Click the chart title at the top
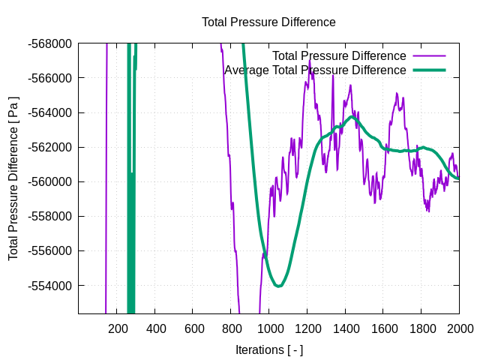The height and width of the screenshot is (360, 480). coord(268,22)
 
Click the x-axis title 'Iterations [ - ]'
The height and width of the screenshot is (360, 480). coord(268,349)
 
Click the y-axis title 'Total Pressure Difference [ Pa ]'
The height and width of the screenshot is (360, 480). coord(13,178)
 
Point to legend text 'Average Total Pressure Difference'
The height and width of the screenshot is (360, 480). coord(315,70)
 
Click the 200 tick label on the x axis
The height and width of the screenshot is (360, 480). coord(118,328)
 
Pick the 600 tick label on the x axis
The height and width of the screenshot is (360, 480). coord(193,328)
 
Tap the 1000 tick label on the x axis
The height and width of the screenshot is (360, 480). coord(269,328)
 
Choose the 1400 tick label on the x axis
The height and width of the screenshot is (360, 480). coord(345,328)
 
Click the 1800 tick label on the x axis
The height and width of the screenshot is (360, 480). coord(421,328)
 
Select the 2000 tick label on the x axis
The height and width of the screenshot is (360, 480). coord(459,328)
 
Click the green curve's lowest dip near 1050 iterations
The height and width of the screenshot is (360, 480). coord(278,286)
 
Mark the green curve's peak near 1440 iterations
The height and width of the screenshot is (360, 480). coord(352,117)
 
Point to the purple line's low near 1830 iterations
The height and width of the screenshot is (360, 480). coord(428,211)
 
